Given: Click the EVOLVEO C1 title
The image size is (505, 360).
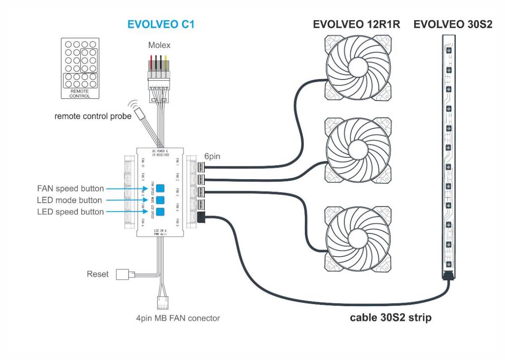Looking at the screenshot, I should point(161,24).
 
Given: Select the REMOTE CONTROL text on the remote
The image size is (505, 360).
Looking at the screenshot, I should point(80,94).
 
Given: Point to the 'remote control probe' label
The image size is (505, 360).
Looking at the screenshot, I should point(93,116).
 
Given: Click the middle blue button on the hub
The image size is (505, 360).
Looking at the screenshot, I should point(160,200).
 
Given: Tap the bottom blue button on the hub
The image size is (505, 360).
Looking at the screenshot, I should point(160,212).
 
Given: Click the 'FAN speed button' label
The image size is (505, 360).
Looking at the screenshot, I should point(71,189).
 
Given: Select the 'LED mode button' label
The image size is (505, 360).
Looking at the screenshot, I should point(70,200).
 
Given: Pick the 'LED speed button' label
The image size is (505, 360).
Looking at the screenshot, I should point(71,212).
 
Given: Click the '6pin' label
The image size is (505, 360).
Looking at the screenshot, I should point(212,156).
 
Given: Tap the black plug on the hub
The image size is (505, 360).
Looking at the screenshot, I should point(201,218).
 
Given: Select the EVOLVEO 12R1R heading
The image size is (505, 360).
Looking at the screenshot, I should point(357,24).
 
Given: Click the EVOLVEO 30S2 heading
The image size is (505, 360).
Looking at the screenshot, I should point(453,24).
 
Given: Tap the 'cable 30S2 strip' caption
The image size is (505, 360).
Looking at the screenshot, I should point(390,318).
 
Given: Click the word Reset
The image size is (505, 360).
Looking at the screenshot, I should point(98,274).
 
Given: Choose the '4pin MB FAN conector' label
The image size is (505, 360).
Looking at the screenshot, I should point(181,318).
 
